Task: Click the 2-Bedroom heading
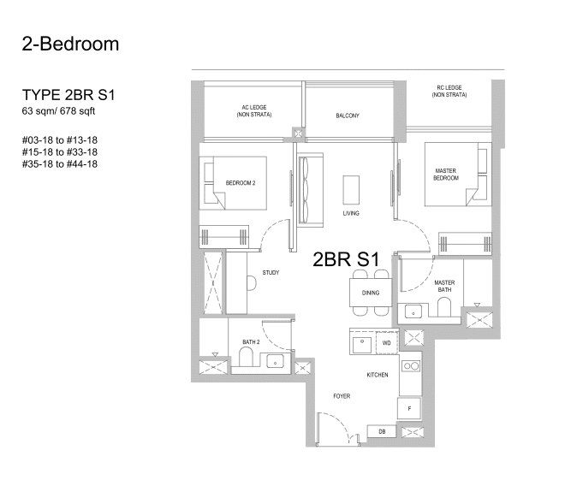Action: tap(70, 44)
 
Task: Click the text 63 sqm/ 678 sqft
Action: tap(58, 111)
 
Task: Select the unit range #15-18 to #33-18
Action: tap(60, 152)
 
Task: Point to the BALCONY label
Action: tap(348, 116)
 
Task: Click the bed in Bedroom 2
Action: tap(233, 183)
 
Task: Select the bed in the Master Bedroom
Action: tap(458, 175)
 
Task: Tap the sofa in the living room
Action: tap(310, 190)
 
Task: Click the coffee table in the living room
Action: tap(351, 190)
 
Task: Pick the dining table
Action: tap(371, 293)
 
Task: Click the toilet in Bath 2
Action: tap(247, 356)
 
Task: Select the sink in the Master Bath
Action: tap(413, 311)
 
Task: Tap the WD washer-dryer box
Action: tap(387, 342)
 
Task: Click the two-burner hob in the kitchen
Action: tap(411, 366)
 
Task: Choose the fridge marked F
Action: tap(409, 408)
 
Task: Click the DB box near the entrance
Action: tap(382, 431)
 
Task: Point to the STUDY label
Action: tap(271, 273)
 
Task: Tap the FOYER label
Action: tap(342, 396)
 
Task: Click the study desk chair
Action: tap(252, 283)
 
